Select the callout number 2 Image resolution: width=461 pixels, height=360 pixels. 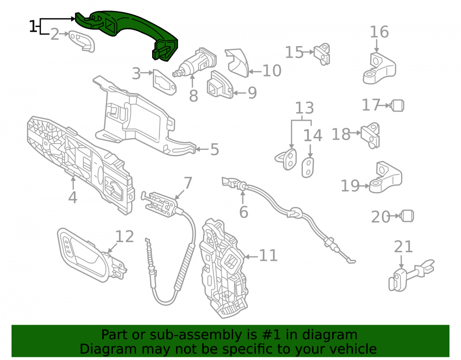55,35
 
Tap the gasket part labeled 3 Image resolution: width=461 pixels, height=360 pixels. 165,83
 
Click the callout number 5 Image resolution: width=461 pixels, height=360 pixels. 215,149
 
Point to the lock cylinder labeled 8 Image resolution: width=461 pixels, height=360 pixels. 195,62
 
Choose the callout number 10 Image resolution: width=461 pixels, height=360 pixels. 272,71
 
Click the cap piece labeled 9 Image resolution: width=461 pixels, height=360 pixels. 219,85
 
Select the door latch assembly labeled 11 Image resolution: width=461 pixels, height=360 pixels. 224,267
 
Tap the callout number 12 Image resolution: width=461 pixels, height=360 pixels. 124,236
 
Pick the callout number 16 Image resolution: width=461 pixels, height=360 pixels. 379,32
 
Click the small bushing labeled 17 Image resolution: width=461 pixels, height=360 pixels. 397,106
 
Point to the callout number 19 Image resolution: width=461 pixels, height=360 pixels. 350,186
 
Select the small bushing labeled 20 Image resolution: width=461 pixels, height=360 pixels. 407,216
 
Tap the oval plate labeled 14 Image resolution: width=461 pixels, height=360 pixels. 308,167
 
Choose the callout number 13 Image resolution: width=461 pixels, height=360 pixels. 304,108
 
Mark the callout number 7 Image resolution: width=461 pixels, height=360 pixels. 188,183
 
